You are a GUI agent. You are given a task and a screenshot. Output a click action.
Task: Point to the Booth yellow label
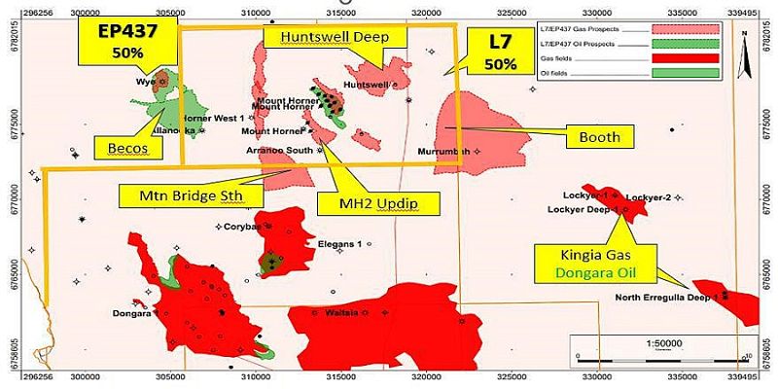coord(599,137)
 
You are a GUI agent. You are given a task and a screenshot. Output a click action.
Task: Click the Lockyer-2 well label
coord(649,197)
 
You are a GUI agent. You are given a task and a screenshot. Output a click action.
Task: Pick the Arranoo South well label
coord(277,151)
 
